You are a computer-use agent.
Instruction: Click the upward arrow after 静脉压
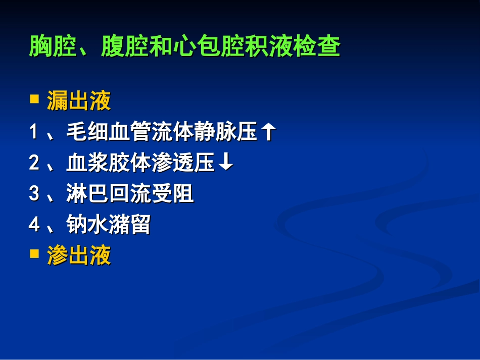point(269,132)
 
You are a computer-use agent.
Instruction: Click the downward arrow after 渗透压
point(227,163)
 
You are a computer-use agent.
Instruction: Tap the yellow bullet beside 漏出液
point(34,98)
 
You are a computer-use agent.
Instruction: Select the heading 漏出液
point(79,101)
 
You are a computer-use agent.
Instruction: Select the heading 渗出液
point(79,256)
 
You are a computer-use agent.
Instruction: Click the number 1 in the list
point(33,133)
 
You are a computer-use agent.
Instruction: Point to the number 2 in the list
point(33,164)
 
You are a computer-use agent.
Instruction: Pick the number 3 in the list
point(33,194)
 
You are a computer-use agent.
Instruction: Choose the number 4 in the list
point(33,225)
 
